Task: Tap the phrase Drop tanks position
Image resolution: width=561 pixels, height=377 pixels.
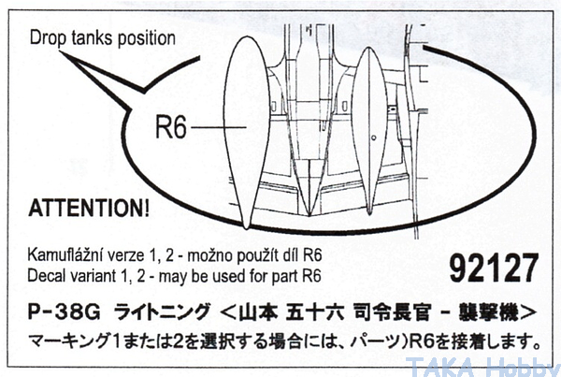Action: coord(102,38)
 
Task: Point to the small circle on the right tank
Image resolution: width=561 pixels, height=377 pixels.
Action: coord(373,138)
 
